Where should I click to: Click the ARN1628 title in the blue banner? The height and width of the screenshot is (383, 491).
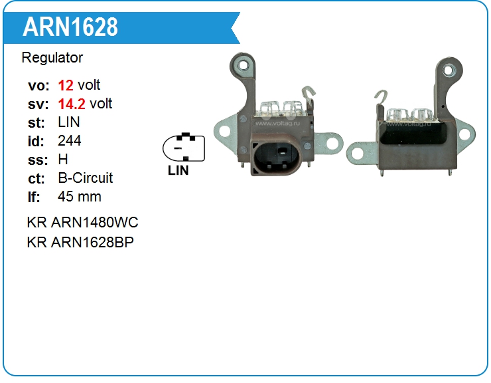[x=70, y=27]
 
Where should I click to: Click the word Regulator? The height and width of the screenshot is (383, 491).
[x=52, y=58]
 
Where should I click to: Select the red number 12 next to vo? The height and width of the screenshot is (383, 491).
[x=66, y=85]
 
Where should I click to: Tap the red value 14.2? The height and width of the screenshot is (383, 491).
[x=71, y=104]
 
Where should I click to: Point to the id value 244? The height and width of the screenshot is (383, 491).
[x=70, y=141]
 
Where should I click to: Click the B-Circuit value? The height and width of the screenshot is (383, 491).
[x=86, y=178]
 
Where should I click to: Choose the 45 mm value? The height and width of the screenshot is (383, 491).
[x=80, y=197]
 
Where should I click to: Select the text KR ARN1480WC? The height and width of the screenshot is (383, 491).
[x=82, y=222]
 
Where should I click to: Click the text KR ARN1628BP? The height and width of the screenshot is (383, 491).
[x=80, y=242]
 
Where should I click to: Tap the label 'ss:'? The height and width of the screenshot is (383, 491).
[x=36, y=160]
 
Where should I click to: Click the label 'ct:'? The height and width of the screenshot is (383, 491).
[x=36, y=178]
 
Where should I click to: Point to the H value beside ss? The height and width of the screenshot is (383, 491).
[x=63, y=160]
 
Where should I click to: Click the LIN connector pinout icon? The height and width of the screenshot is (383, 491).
[x=184, y=147]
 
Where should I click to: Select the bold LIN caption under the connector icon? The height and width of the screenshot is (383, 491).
[x=178, y=170]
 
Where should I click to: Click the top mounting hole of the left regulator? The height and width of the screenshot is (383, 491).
[x=245, y=66]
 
